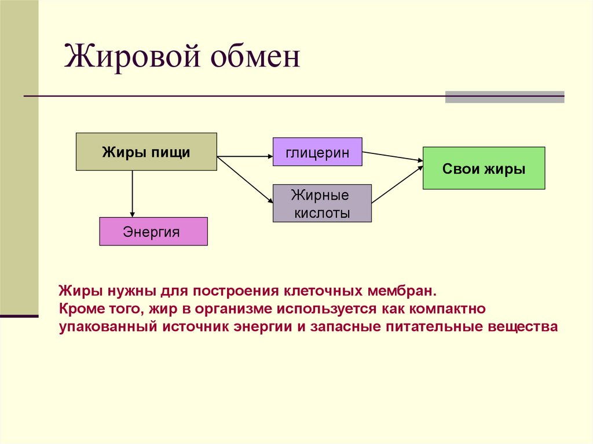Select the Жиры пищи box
147,152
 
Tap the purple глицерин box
317,152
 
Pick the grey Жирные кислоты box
322,203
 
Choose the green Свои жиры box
484,168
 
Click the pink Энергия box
153,232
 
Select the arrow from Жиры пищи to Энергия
133,194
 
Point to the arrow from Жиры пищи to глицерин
244,156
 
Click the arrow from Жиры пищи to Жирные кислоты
244,179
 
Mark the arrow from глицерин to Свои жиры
392,156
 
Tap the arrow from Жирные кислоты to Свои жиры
397,184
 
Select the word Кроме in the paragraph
78,308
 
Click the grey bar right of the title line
504,97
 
